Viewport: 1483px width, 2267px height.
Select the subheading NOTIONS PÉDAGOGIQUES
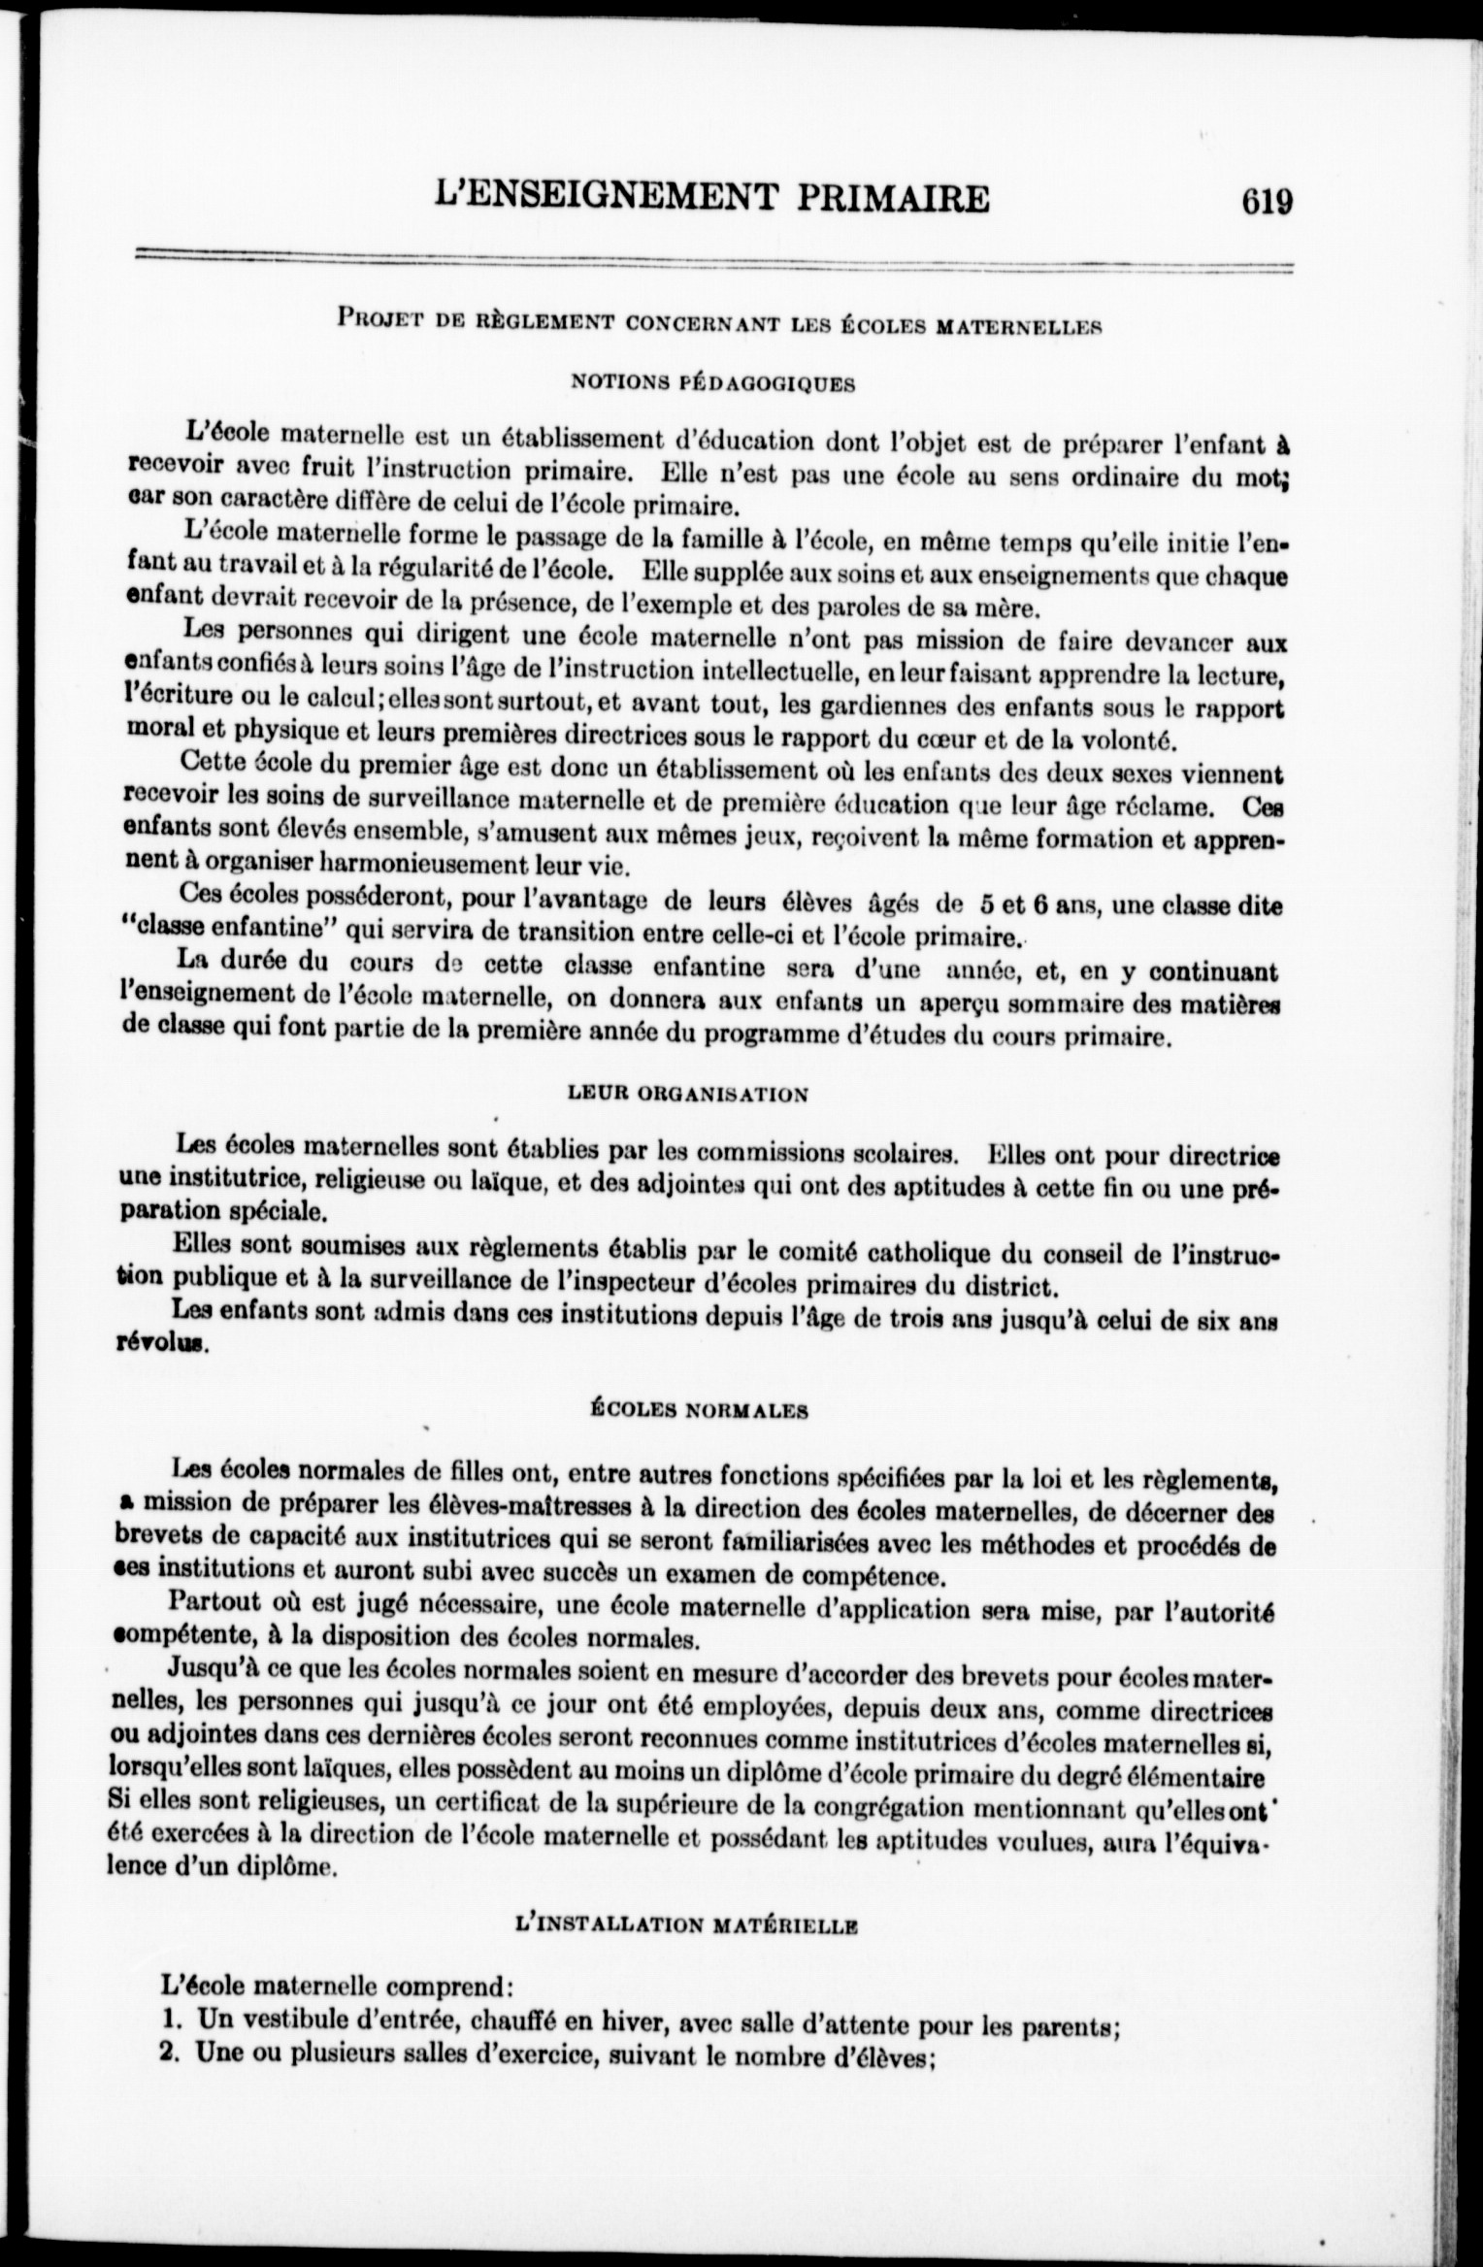point(713,383)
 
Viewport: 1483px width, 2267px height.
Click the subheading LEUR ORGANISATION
point(686,1095)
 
